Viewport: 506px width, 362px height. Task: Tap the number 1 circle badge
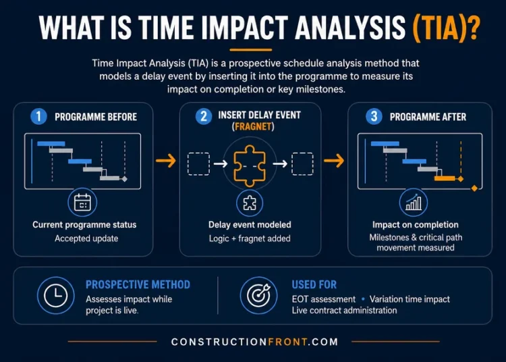pyautogui.click(x=39, y=116)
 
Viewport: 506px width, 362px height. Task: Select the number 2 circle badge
pyautogui.click(x=203, y=116)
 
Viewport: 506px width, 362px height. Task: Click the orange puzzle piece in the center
pyautogui.click(x=252, y=163)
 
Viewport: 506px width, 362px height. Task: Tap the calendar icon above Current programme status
pyautogui.click(x=82, y=202)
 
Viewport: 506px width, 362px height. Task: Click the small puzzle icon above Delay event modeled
pyautogui.click(x=250, y=202)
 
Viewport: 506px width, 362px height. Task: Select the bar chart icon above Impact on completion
pyautogui.click(x=413, y=202)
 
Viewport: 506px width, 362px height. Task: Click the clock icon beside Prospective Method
pyautogui.click(x=55, y=295)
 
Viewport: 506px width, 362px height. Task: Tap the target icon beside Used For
pyautogui.click(x=258, y=295)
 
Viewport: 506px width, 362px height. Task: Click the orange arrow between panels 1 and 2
pyautogui.click(x=165, y=161)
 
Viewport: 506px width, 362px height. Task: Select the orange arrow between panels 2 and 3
pyautogui.click(x=333, y=161)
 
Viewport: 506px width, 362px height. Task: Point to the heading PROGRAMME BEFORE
pyautogui.click(x=96, y=117)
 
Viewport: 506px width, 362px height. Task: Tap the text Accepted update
pyautogui.click(x=85, y=238)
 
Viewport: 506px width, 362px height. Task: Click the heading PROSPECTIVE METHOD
pyautogui.click(x=138, y=285)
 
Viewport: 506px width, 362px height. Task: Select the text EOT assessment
pyautogui.click(x=323, y=299)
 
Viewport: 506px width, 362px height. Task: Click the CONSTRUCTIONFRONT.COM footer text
pyautogui.click(x=254, y=342)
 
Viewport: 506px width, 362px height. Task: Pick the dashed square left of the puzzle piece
pyautogui.click(x=198, y=163)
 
